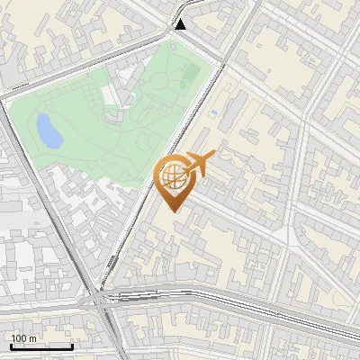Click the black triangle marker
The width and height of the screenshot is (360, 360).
click(181, 23)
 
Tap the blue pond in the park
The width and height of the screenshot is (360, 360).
click(48, 131)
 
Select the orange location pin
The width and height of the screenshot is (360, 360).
click(175, 180)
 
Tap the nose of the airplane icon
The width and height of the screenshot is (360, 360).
click(211, 158)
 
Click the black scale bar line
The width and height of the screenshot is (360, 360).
click(41, 346)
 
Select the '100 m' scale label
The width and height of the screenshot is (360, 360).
click(24, 338)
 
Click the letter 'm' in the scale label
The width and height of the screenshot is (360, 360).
click(33, 338)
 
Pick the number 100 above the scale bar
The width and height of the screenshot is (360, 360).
click(19, 338)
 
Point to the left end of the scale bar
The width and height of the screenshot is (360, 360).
click(12, 346)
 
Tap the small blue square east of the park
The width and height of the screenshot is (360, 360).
click(213, 113)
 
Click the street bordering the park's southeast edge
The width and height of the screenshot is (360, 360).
click(171, 153)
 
